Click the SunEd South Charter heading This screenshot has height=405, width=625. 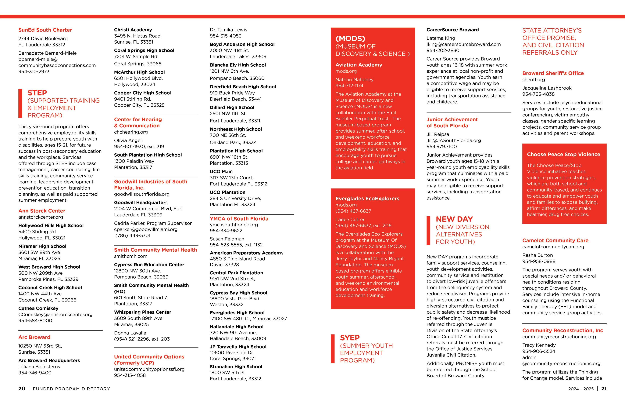coord(45,30)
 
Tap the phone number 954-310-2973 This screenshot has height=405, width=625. coord(34,71)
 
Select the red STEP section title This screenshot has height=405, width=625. coord(37,93)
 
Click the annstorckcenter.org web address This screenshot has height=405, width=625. coord(41,217)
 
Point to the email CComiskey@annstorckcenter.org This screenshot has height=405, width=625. coord(55,314)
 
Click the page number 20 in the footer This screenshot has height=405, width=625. coord(22,389)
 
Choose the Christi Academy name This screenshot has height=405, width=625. coord(133,30)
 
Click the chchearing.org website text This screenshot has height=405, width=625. coord(131,132)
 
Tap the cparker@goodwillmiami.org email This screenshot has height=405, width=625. coord(146,229)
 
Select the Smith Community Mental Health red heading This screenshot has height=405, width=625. coord(155,250)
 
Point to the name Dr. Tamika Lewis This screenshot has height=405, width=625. coord(228,30)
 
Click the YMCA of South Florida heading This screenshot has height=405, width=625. coord(239,219)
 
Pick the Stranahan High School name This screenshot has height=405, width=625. coord(236,367)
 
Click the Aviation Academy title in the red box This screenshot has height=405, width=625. coord(359,65)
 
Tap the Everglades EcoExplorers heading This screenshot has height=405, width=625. coord(367,199)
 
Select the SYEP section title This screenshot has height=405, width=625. coord(350,338)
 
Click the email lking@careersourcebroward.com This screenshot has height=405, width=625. coord(463,44)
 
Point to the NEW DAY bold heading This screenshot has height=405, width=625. coord(454,219)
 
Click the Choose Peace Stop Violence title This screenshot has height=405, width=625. coord(563,155)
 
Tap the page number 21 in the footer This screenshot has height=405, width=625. coord(604,389)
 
